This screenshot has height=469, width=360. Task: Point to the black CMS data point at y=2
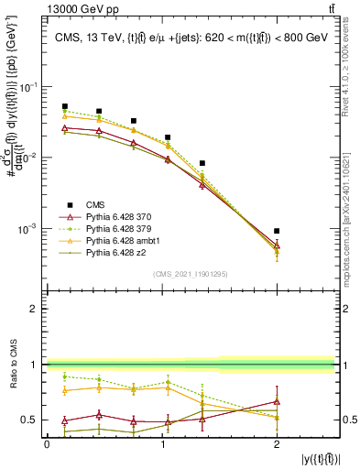tap(277, 231)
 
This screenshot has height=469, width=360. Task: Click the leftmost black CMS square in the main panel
tap(64, 106)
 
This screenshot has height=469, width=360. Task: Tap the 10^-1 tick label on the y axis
tap(29, 87)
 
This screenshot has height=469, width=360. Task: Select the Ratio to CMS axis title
tap(13, 365)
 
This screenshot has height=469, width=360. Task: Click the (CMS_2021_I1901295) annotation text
tap(191, 273)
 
